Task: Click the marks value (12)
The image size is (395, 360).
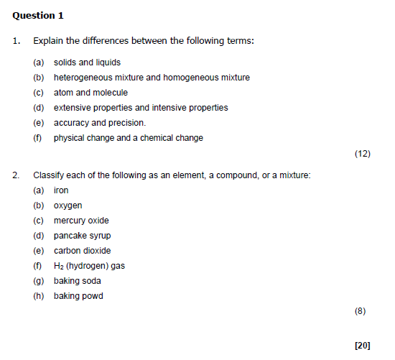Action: [x=362, y=153]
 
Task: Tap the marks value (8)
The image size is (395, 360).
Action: [x=361, y=311]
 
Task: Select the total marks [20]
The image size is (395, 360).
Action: [x=362, y=345]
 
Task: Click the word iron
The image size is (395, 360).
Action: [x=61, y=190]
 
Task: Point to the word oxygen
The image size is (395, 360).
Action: [x=68, y=206]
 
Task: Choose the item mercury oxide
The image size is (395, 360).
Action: [x=81, y=221]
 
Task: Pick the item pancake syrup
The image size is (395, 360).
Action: [x=82, y=236]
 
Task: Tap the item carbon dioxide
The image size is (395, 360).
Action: [x=82, y=251]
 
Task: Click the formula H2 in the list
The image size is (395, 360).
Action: [x=59, y=266]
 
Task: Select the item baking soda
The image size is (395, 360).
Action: [x=77, y=281]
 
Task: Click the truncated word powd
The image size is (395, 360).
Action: [x=93, y=296]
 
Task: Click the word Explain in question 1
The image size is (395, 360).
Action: [x=48, y=40]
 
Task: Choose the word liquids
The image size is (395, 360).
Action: [x=108, y=63]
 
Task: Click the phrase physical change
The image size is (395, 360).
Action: [x=81, y=138]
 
